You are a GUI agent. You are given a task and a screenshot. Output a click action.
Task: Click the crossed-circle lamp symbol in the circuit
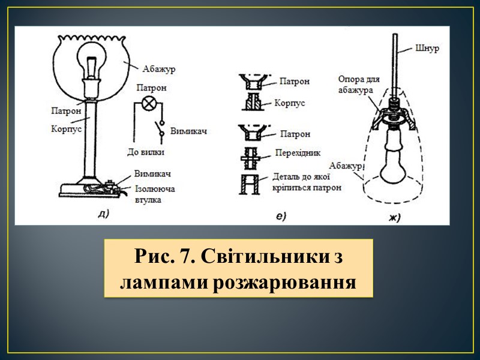point(150,103)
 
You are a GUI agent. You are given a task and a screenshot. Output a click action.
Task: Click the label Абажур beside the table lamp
point(158,70)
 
